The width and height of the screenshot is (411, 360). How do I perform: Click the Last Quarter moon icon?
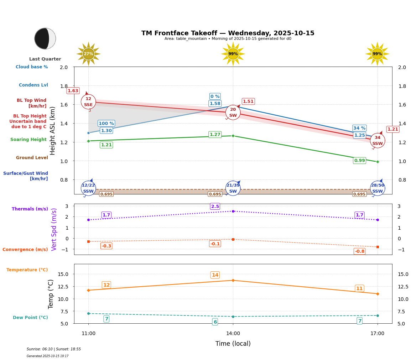pos(45,38)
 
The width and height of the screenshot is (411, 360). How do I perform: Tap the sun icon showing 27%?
pos(88,54)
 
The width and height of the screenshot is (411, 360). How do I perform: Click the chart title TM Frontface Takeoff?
pos(228,33)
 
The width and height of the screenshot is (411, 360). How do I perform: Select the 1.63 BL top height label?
pos(73,91)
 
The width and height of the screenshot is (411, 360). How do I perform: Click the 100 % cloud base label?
pos(106,124)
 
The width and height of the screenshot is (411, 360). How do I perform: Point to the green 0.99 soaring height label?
pos(359,161)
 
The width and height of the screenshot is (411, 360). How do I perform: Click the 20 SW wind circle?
pos(233,113)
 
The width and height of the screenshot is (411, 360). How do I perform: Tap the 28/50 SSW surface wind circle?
pos(378,188)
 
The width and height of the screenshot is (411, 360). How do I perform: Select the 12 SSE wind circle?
pos(88,102)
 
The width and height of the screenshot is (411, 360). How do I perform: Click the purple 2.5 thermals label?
pos(215,207)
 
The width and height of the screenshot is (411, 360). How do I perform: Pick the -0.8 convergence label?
pos(359,251)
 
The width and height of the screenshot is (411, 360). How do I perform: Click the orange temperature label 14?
pos(215,275)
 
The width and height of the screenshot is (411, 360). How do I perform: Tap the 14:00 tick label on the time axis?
pos(233,334)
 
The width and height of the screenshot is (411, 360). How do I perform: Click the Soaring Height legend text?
pos(28,140)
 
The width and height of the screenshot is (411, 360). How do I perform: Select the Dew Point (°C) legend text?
pos(30,318)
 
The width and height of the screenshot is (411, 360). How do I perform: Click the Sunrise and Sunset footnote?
pos(54,349)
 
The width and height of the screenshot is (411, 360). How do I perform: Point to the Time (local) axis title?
pos(233,344)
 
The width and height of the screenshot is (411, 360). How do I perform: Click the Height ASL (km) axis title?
pos(53,130)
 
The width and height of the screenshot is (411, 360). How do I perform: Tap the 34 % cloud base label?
pos(359,128)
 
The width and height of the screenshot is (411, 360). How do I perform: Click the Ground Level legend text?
pos(32,158)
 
